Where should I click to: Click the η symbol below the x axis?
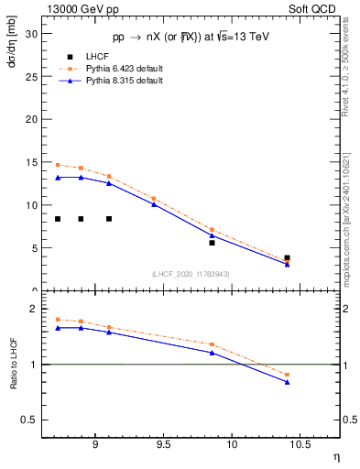pyautogui.click(x=334, y=455)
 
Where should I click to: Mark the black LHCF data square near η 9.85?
pyautogui.click(x=212, y=243)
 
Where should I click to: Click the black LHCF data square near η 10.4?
pyautogui.click(x=287, y=258)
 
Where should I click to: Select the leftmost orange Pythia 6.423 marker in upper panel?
pyautogui.click(x=58, y=165)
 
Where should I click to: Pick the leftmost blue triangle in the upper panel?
pyautogui.click(x=58, y=178)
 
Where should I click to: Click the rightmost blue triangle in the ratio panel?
pyautogui.click(x=287, y=382)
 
